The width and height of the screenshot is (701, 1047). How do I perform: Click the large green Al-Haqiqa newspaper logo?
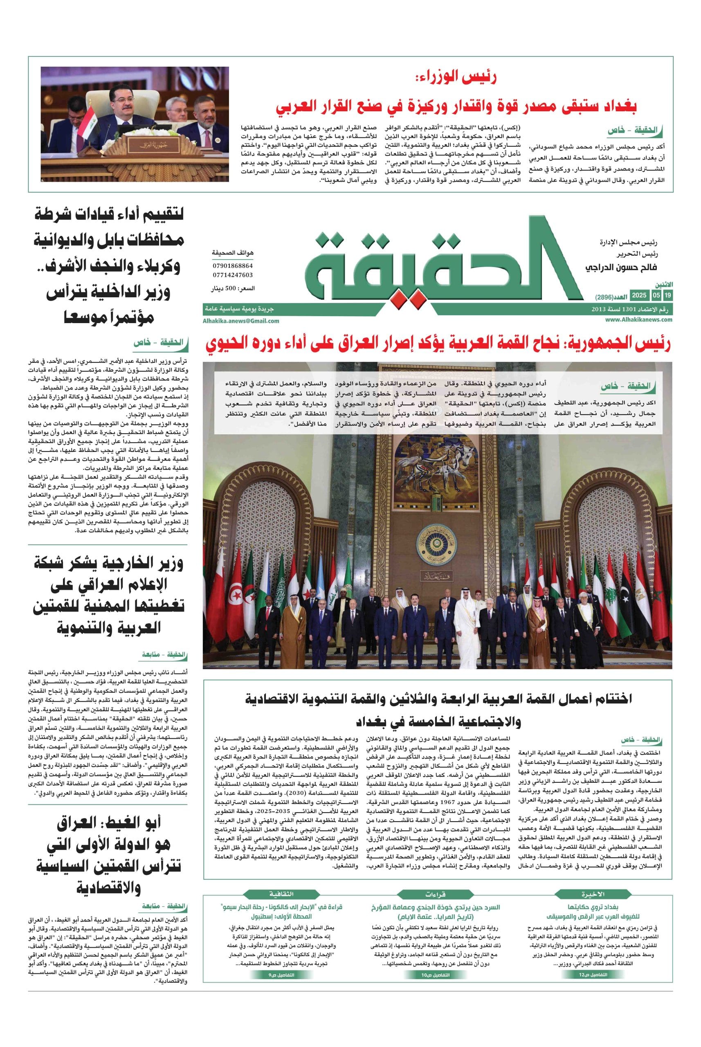[x=440, y=264]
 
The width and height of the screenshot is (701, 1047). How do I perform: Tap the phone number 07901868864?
[x=232, y=265]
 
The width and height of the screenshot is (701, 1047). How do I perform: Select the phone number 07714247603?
[x=232, y=275]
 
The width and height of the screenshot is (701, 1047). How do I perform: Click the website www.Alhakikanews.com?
[x=639, y=320]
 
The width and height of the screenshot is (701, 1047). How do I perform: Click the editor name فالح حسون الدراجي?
[x=621, y=267]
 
